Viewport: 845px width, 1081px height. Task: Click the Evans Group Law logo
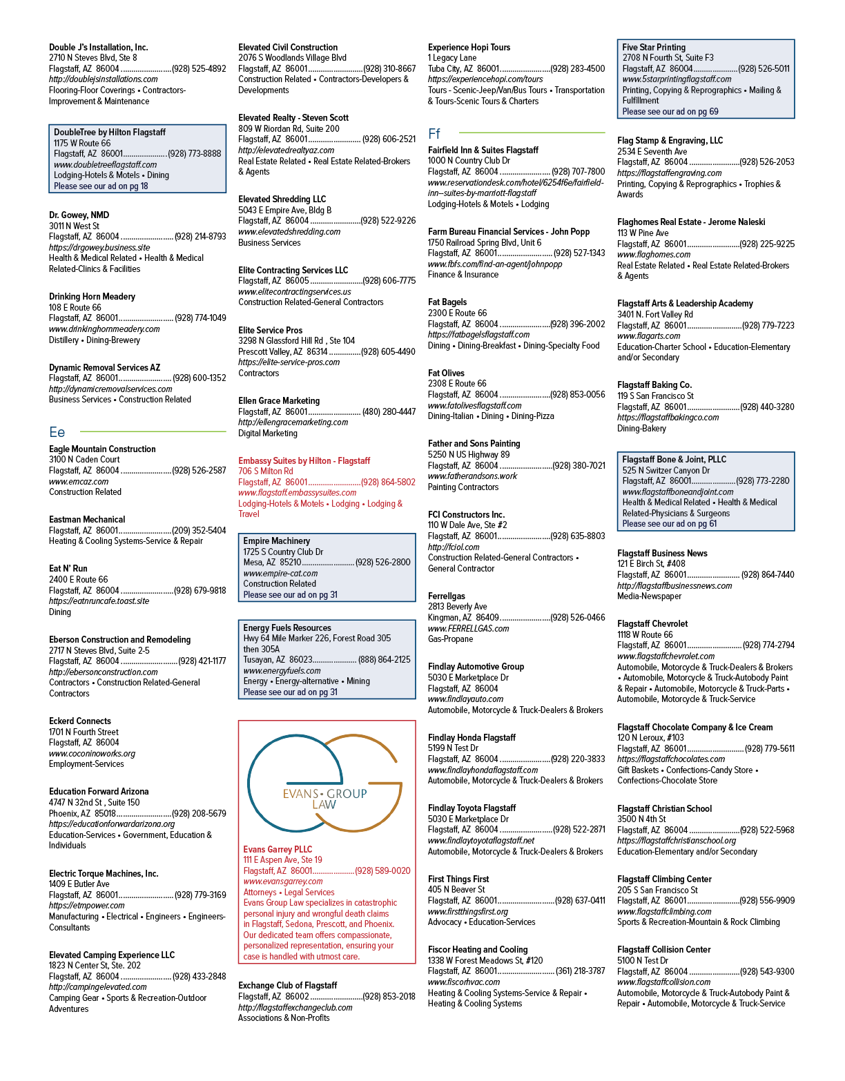tap(324, 784)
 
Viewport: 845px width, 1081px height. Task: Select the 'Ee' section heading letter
tap(57, 432)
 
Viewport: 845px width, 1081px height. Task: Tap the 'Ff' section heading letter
tap(434, 133)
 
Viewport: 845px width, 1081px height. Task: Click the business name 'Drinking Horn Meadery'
tap(92, 297)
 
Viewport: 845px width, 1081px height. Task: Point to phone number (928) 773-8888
tap(195, 154)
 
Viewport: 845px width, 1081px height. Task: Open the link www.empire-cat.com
tap(280, 573)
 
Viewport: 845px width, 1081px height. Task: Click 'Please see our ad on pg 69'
tap(670, 111)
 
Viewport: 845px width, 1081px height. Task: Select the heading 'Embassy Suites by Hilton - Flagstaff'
tap(304, 460)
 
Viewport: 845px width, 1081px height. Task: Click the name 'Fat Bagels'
tap(447, 302)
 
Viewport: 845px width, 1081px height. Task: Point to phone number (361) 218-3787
tap(581, 971)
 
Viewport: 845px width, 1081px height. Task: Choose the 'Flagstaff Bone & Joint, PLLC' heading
tap(674, 459)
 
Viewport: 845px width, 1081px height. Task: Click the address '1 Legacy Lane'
tap(452, 58)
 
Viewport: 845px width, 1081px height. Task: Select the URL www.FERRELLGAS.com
tap(469, 628)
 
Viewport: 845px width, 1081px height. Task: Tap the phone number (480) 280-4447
tap(389, 411)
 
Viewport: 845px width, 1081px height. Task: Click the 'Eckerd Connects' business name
tap(80, 721)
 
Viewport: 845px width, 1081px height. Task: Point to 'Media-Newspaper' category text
tap(650, 596)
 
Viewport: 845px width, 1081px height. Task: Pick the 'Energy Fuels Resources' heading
tap(287, 627)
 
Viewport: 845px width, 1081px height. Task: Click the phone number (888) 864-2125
tap(385, 660)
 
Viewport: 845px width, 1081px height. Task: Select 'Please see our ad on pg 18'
tap(101, 186)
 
